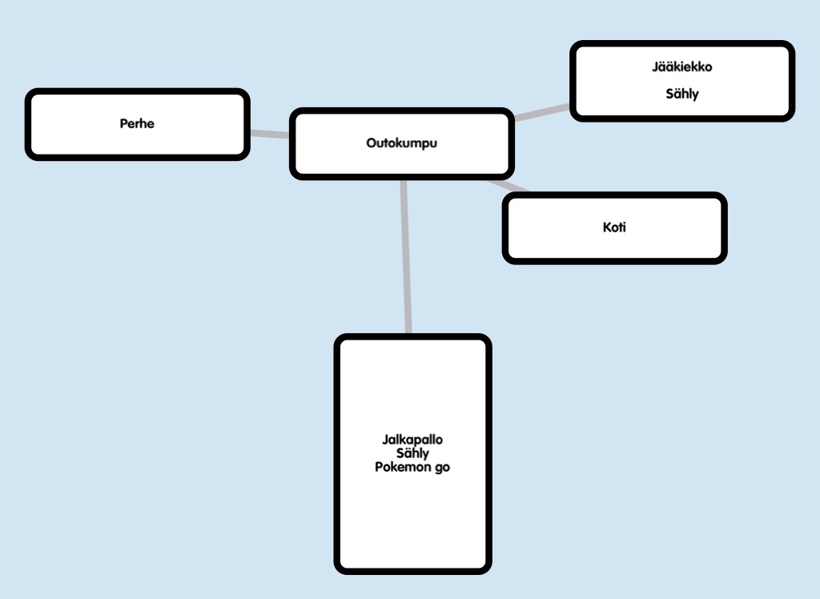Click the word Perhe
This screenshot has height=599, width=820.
[137, 124]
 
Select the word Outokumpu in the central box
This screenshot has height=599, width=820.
[402, 144]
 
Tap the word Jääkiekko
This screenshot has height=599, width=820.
[681, 66]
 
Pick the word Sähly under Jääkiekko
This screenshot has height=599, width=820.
[682, 94]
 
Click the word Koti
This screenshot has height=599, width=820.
[614, 227]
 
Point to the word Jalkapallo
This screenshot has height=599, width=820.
[412, 440]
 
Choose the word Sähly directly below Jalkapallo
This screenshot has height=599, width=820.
[412, 453]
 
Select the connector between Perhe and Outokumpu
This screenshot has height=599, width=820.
[269, 134]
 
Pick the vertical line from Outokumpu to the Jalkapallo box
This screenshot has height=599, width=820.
[405, 256]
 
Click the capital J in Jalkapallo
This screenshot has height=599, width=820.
[385, 440]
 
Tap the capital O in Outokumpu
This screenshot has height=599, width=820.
[371, 144]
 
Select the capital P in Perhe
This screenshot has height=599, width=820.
[123, 124]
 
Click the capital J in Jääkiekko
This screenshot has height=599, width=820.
[655, 66]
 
